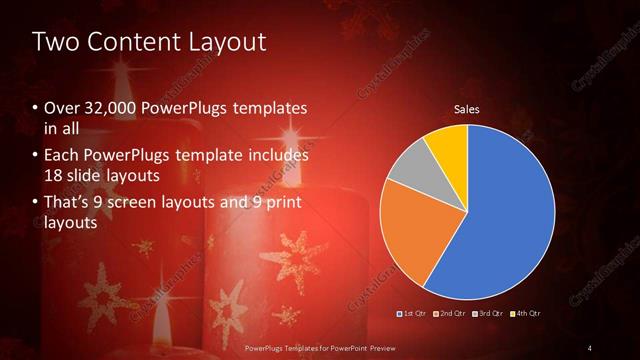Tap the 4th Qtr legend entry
click(527, 314)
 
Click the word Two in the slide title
click(55, 42)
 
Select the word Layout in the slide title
click(229, 42)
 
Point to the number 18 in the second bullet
click(55, 177)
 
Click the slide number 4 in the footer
click(590, 347)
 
